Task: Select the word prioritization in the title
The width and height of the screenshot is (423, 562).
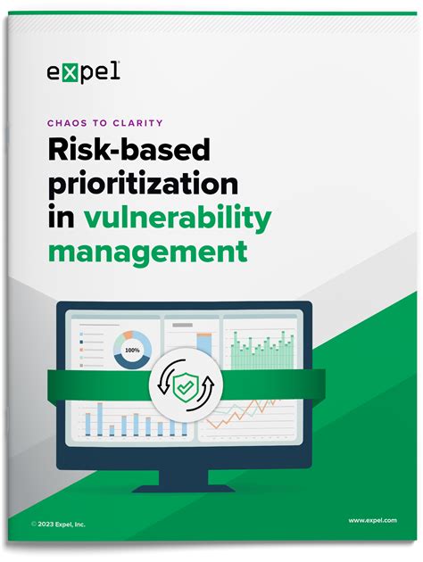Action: (143, 186)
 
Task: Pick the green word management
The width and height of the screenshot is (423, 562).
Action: (148, 251)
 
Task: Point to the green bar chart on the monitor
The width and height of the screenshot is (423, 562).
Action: (265, 353)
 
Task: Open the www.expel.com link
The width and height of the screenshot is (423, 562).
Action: (372, 519)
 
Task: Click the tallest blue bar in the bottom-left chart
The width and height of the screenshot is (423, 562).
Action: (100, 419)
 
